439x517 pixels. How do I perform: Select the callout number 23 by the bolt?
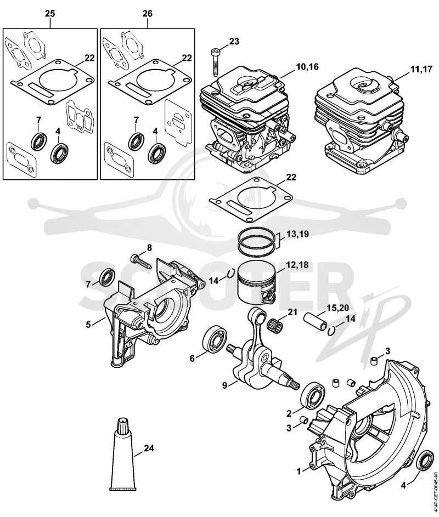[234, 42]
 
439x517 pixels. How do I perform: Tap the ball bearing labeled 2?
[313, 396]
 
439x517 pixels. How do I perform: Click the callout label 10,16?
[307, 66]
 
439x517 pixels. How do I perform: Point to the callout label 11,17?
[421, 70]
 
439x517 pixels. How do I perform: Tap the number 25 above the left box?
[50, 14]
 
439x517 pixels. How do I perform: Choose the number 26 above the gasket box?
[147, 14]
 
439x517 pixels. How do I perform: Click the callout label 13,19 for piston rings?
[297, 234]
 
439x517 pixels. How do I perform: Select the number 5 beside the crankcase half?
[88, 325]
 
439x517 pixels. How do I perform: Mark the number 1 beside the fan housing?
[299, 471]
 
